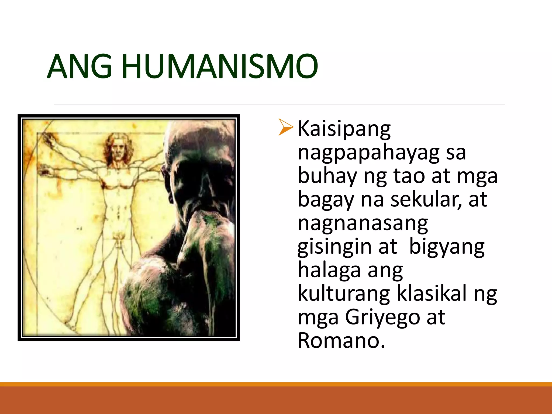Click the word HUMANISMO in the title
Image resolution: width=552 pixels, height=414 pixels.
[220, 67]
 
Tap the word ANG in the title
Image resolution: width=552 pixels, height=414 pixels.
[80, 67]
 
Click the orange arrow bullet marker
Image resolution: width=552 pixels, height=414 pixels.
[286, 127]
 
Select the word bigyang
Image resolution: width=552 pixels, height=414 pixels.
[447, 247]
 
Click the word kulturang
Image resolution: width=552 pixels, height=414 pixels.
[344, 294]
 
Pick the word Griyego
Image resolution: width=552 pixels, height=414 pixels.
[382, 318]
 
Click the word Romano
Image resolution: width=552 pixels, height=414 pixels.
[341, 341]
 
